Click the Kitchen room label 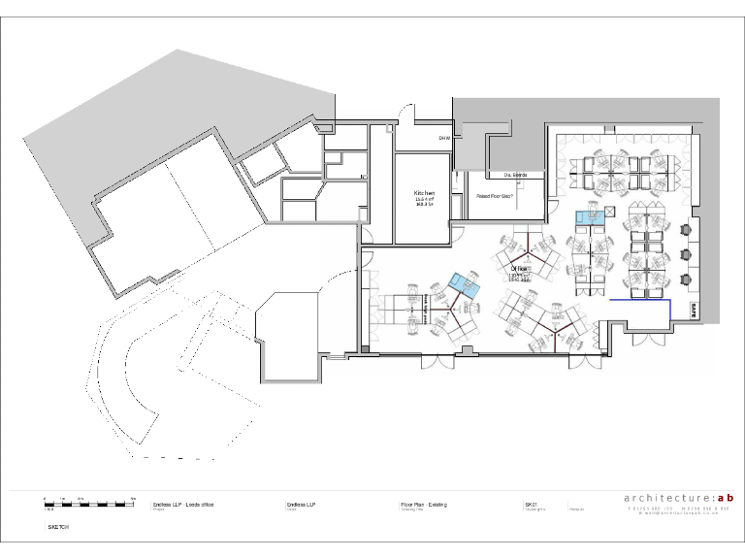[423, 194]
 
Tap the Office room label [520, 268]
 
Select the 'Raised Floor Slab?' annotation [494, 196]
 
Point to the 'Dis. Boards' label [514, 175]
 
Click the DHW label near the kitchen [444, 138]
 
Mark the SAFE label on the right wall [695, 310]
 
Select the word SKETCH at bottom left [58, 526]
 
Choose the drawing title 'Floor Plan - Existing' [424, 505]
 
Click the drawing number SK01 [531, 505]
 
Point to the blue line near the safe [641, 302]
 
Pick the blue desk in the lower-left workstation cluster [467, 284]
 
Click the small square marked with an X [610, 212]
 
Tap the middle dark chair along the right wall [688, 254]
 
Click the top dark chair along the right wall [688, 230]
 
